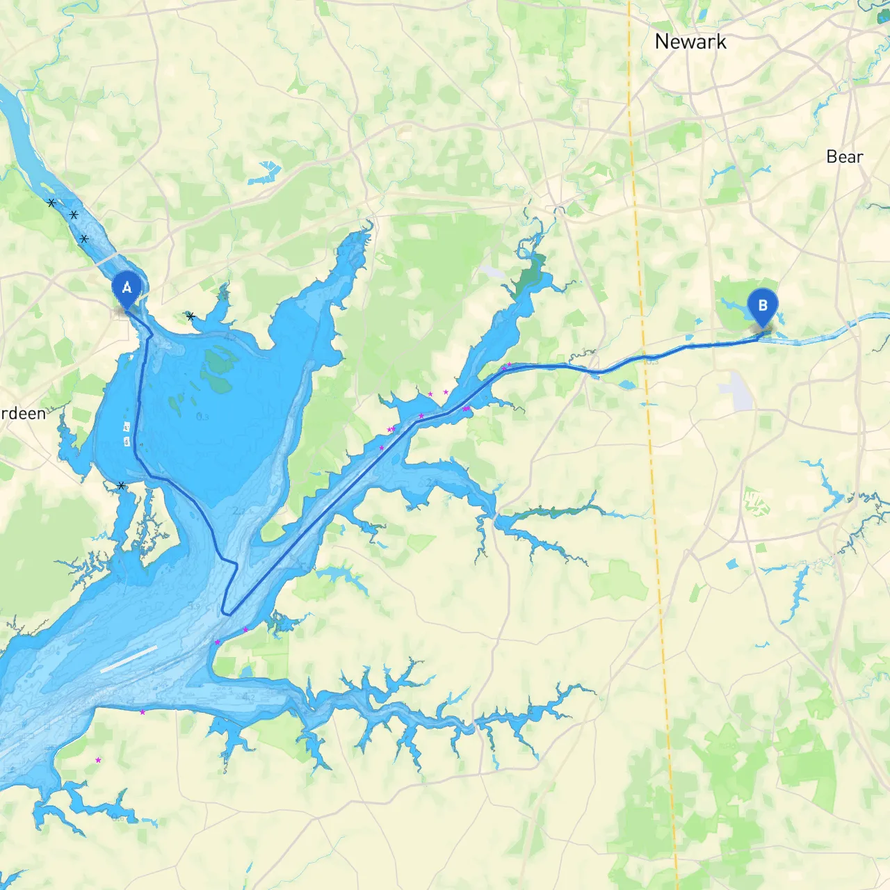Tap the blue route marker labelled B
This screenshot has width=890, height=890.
[763, 306]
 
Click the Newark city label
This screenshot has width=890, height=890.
[690, 42]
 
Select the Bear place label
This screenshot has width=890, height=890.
[845, 157]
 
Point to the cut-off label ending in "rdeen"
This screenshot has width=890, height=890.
[23, 414]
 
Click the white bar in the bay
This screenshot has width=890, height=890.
[129, 659]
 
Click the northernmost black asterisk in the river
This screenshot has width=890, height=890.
[51, 203]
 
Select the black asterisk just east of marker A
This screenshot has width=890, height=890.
[191, 316]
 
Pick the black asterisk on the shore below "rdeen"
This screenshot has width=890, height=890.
[122, 485]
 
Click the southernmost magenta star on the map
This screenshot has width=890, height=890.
[98, 760]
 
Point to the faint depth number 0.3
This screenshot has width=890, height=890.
[202, 417]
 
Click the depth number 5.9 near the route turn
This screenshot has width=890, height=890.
[194, 606]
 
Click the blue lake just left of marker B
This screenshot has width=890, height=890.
[734, 306]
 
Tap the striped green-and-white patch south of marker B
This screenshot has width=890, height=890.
[756, 502]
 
